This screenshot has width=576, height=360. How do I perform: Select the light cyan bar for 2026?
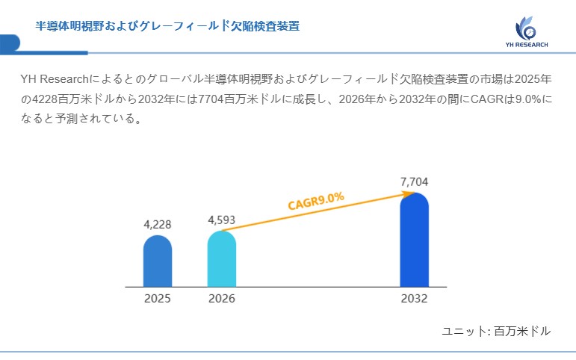221,259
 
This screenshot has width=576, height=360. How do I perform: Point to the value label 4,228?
157,224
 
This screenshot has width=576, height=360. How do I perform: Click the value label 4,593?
221,220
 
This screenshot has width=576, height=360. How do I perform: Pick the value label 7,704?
414,181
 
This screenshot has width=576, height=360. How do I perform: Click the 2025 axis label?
157,298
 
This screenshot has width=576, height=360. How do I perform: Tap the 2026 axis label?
221,298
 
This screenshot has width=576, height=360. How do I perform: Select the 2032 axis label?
414,298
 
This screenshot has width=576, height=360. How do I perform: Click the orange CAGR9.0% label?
315,201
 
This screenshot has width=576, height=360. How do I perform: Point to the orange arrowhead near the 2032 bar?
409,193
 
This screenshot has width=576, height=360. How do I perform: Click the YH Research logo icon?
526,28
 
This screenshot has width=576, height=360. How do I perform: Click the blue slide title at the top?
168,26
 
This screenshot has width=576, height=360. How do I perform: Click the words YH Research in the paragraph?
55,79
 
